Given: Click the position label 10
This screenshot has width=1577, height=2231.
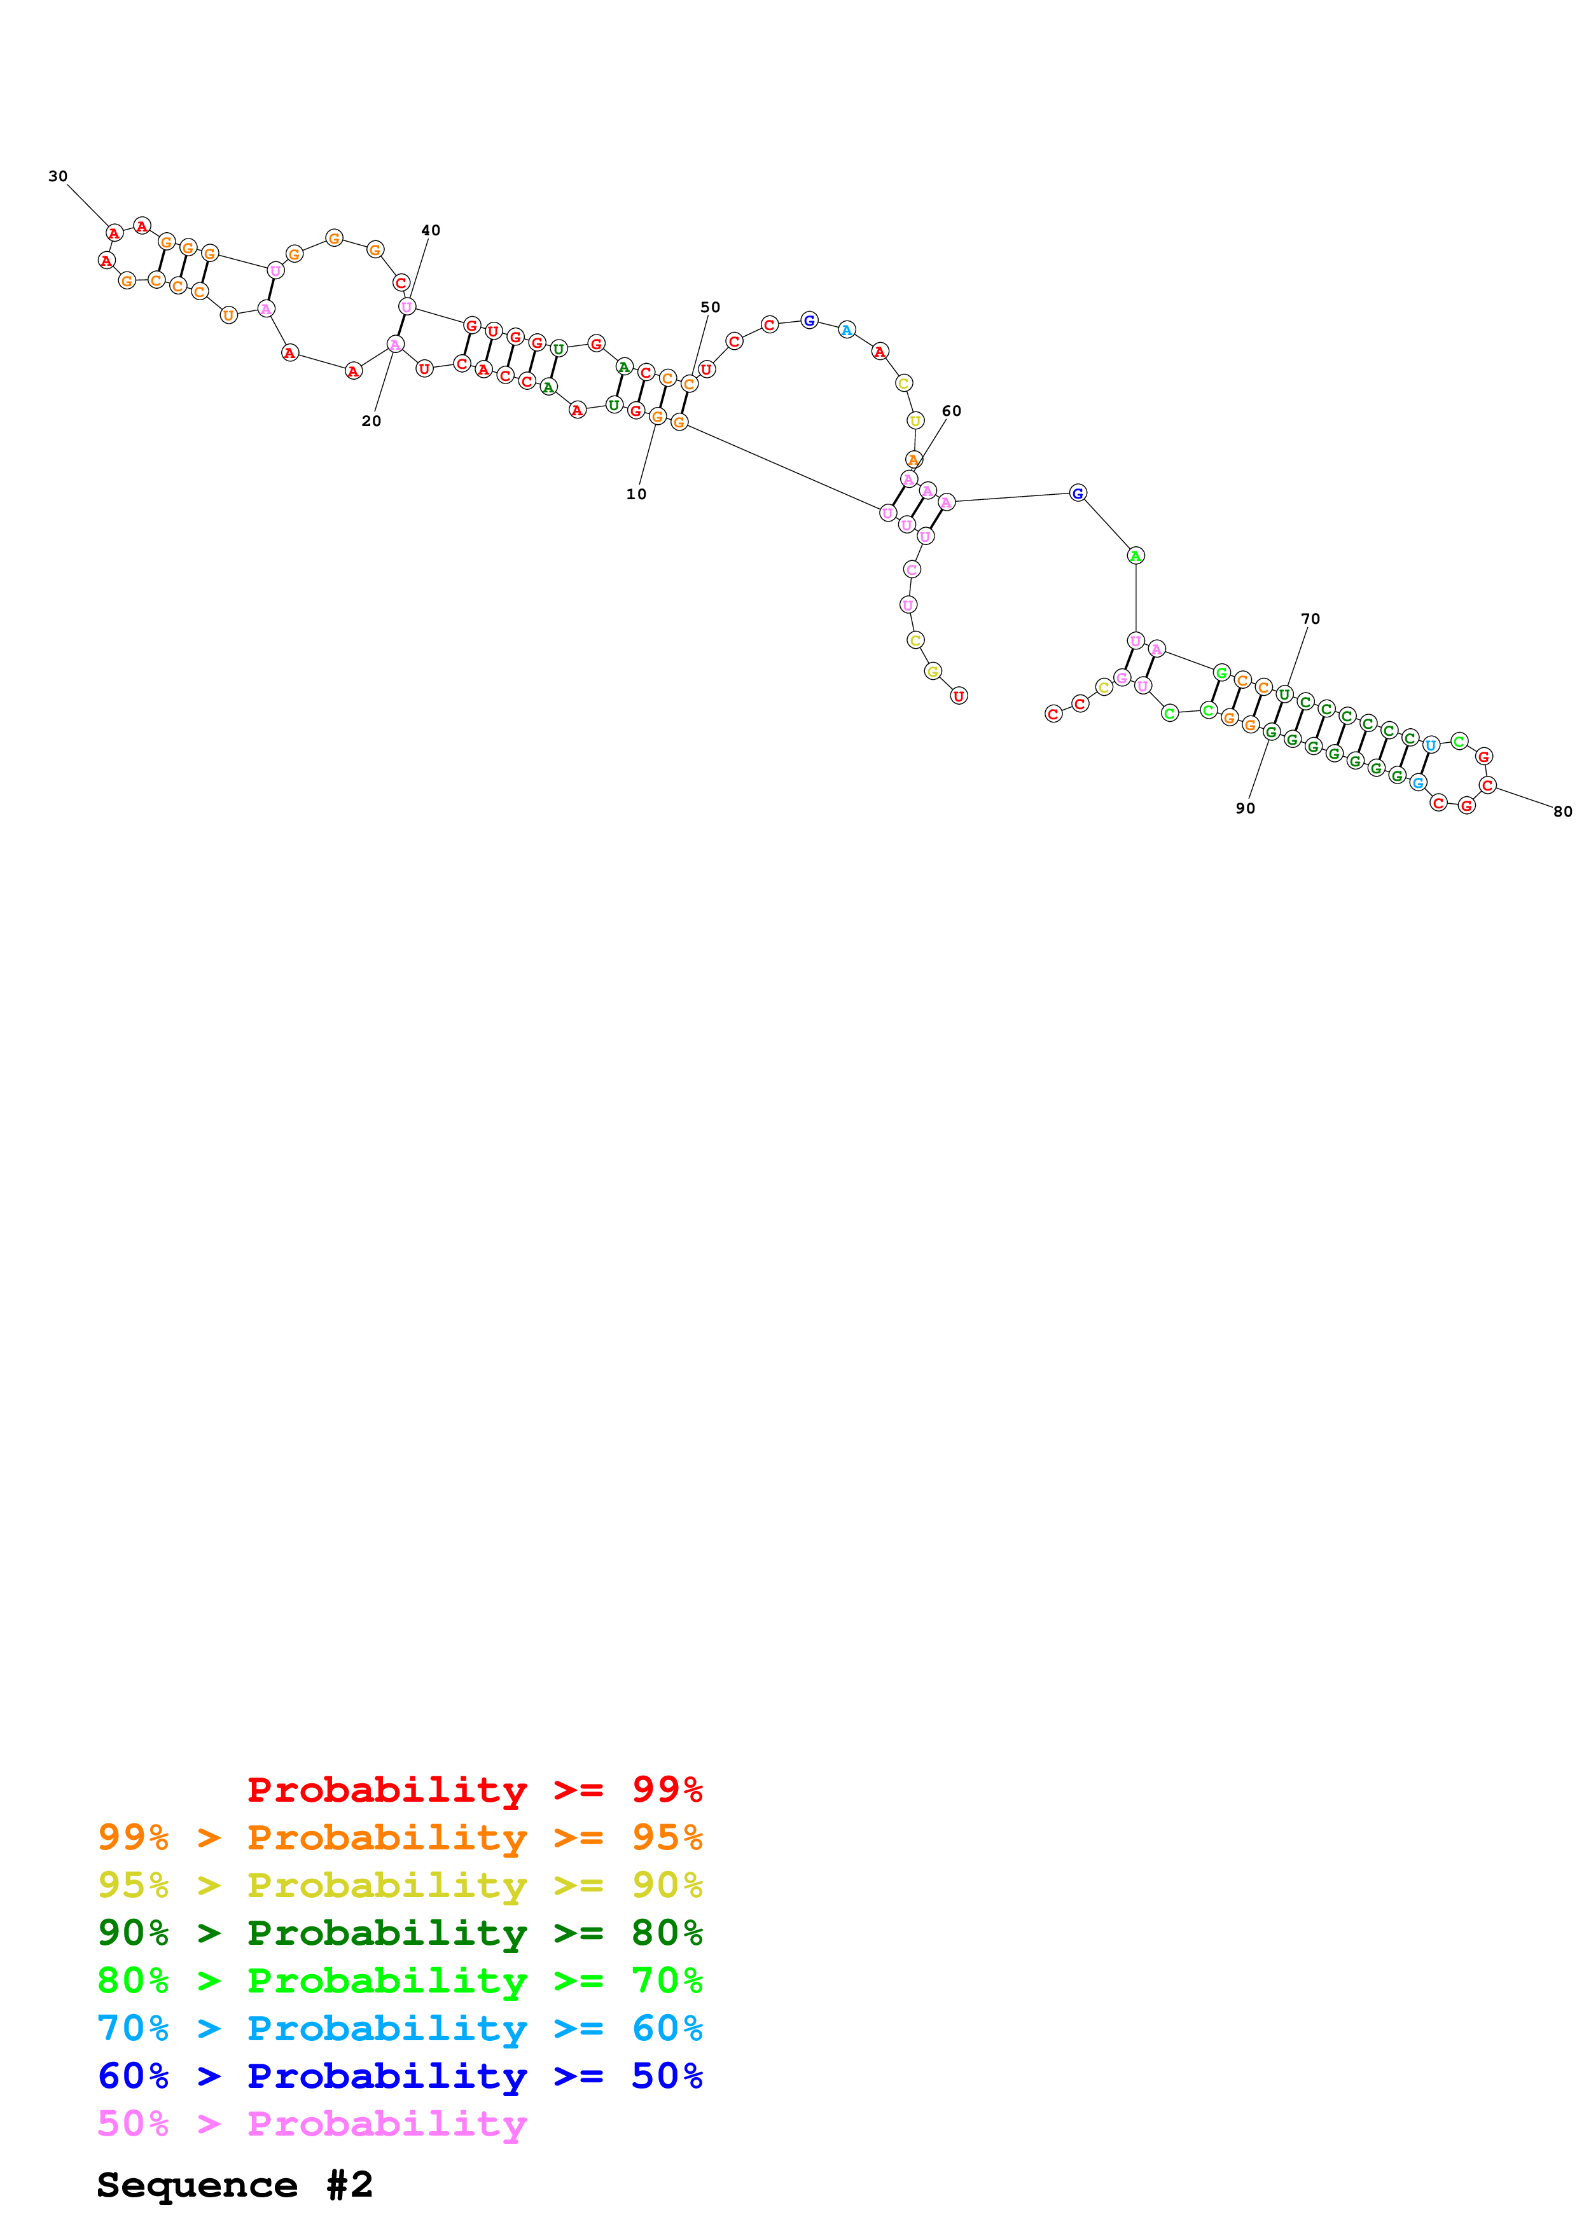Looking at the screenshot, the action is tap(636, 495).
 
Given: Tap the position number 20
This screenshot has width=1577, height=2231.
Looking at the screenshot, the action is tap(371, 421).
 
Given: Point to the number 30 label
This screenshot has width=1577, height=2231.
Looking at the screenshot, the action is tap(59, 177).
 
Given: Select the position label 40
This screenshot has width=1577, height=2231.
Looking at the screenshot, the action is tap(431, 230).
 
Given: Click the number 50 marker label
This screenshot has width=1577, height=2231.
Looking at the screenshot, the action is tap(711, 307).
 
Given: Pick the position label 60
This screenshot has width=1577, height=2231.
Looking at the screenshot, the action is tap(951, 411).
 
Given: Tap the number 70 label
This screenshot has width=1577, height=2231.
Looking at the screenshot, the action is tap(1310, 619).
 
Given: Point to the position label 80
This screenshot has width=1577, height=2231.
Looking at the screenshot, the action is tap(1562, 812).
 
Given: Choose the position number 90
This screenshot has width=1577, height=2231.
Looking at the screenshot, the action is tap(1245, 808).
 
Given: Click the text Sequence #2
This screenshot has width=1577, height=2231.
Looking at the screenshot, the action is tap(234, 2185).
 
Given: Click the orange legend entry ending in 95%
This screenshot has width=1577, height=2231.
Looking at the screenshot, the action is tap(399, 1837).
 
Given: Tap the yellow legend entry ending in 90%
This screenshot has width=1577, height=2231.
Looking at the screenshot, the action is tap(399, 1885).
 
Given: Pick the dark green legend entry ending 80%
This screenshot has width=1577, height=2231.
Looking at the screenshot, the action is tap(399, 1933).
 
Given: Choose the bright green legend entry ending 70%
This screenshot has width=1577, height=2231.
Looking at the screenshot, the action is tap(399, 1980).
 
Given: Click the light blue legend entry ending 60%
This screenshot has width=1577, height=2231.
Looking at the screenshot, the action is tap(399, 2028).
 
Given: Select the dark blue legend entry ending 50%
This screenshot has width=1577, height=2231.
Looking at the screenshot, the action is tap(399, 2076).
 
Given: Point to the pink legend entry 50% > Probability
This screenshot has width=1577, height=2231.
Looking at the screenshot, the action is tap(312, 2123).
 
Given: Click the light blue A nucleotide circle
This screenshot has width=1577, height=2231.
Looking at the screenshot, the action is tap(846, 330).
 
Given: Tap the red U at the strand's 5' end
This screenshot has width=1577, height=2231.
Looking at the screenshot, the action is tap(958, 696).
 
